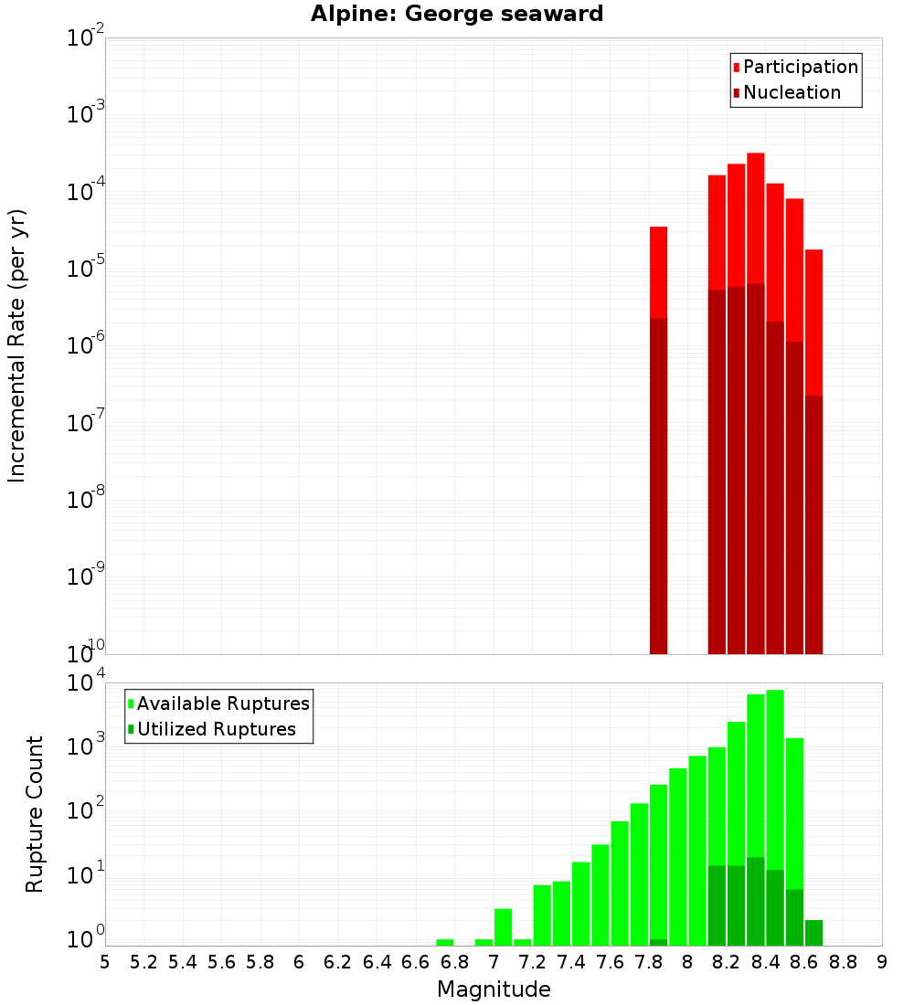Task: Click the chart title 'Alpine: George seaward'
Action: (457, 15)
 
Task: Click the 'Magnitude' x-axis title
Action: (494, 989)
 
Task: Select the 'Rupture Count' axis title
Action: (35, 813)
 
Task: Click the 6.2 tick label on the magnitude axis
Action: (338, 962)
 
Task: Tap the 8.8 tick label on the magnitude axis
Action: (843, 962)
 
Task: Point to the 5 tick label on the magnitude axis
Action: (105, 962)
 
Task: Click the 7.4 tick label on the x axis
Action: (571, 962)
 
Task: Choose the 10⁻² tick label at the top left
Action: (86, 37)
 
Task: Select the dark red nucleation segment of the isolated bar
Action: (658, 484)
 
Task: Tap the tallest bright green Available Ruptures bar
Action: (775, 777)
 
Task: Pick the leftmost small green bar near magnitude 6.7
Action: (445, 942)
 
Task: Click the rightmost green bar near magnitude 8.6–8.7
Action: (813, 933)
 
